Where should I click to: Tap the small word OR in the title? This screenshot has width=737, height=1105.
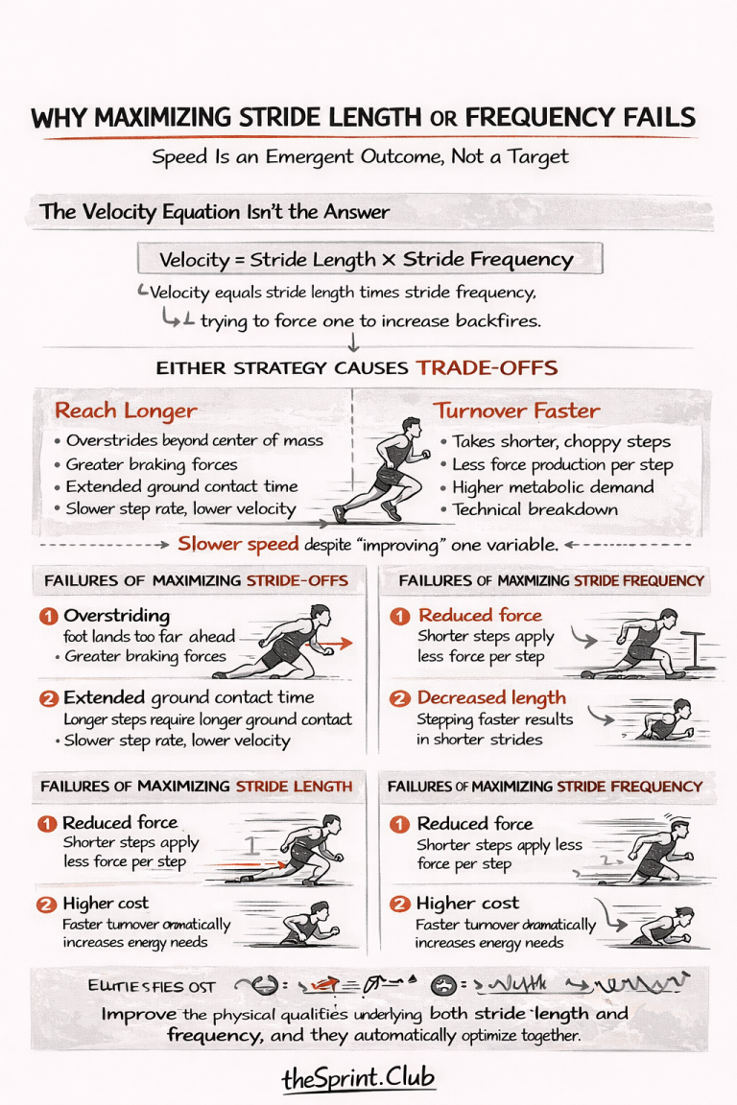pyautogui.click(x=444, y=119)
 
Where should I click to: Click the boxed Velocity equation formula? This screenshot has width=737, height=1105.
pyautogui.click(x=368, y=259)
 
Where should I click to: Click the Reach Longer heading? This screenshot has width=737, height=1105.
pyautogui.click(x=126, y=411)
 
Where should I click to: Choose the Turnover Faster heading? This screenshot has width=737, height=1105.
pyautogui.click(x=516, y=411)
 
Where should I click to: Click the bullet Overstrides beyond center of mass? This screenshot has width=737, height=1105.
pyautogui.click(x=194, y=440)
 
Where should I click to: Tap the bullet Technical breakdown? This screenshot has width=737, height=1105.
pyautogui.click(x=535, y=509)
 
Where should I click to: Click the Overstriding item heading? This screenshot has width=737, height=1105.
pyautogui.click(x=116, y=615)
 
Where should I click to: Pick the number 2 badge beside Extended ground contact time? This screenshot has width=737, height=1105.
pyautogui.click(x=49, y=698)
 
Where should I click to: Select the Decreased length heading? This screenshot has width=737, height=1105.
pyautogui.click(x=490, y=698)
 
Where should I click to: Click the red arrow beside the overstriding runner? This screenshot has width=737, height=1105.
pyautogui.click(x=336, y=644)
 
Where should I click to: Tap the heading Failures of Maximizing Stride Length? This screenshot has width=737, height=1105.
pyautogui.click(x=196, y=787)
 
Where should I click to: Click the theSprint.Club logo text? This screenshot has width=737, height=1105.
pyautogui.click(x=358, y=1078)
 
